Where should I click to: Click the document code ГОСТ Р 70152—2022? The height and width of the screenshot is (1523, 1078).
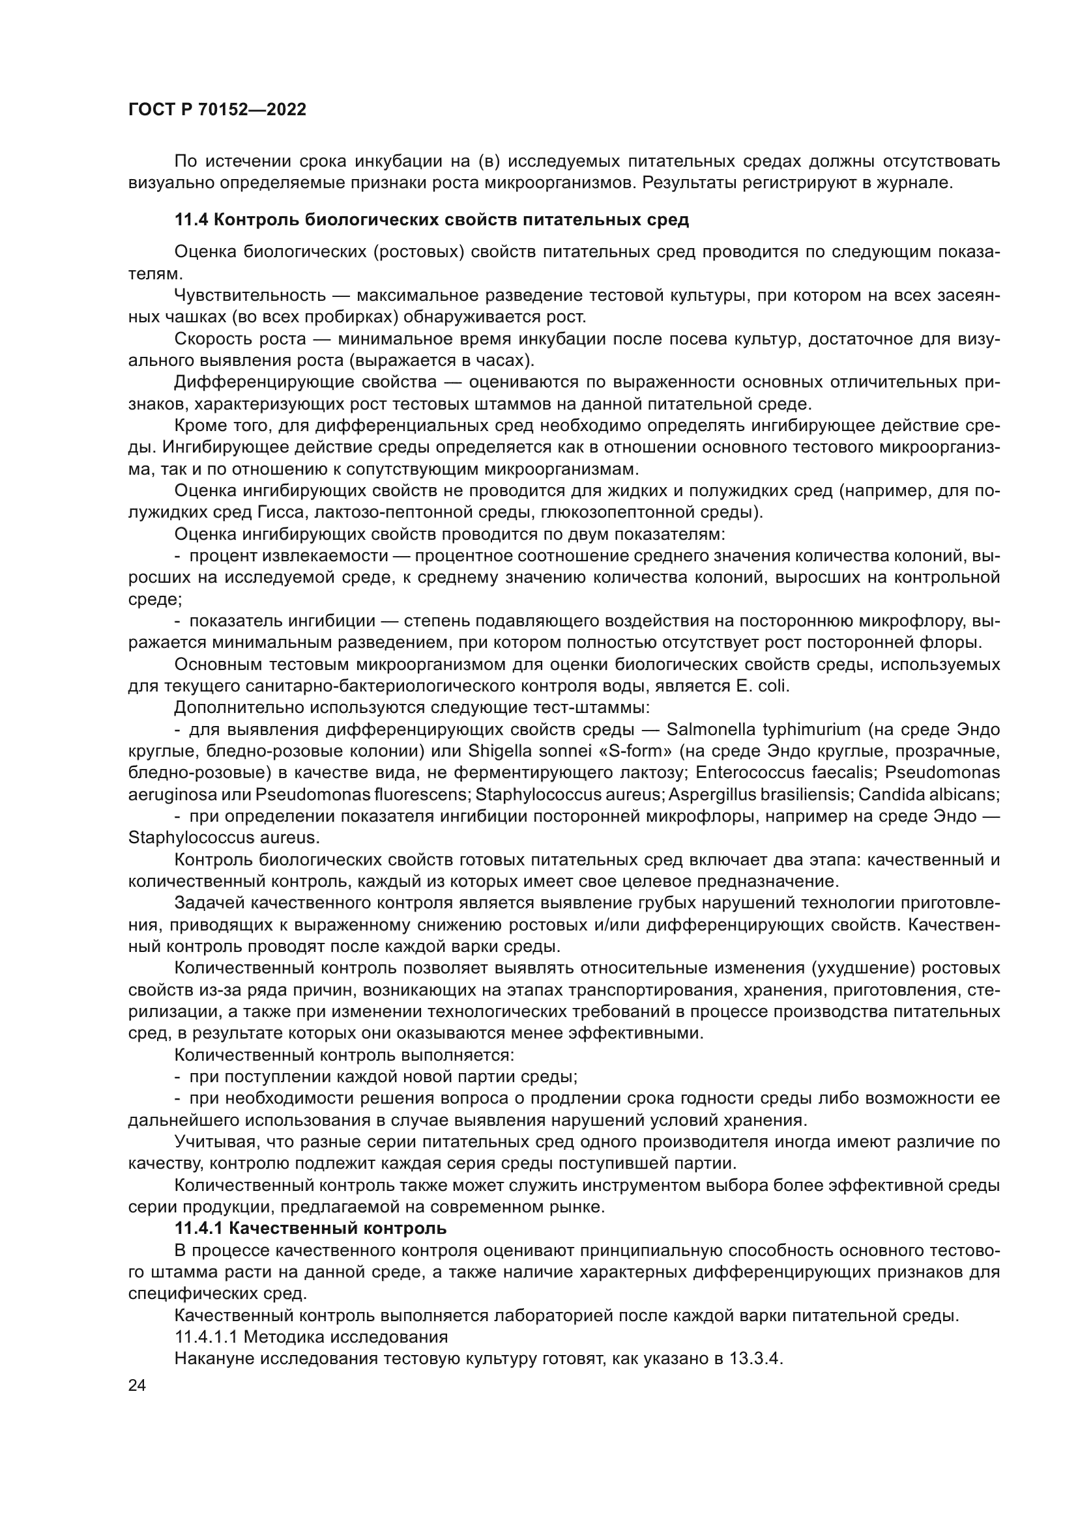(217, 110)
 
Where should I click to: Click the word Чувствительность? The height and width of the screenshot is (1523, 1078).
(250, 296)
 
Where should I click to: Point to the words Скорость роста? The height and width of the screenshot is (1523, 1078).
(240, 340)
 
